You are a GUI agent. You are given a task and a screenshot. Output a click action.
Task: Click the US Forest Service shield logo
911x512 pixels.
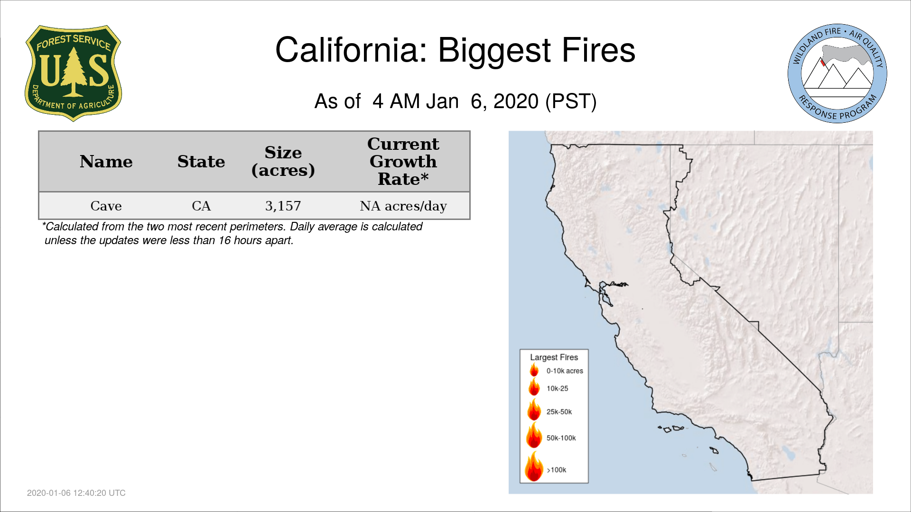click(x=73, y=73)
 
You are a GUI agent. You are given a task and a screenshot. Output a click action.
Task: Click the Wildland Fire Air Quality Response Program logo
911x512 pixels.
click(x=837, y=73)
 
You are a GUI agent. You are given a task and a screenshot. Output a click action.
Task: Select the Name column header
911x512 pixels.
click(x=106, y=162)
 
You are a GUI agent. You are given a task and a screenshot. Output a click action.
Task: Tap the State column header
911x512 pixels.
click(x=201, y=162)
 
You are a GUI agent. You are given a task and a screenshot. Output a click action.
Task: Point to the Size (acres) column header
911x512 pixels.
click(x=283, y=161)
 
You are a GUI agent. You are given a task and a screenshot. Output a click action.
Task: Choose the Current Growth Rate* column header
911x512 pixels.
click(x=403, y=161)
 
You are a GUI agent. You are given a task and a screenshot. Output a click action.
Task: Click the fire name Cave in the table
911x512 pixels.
click(x=106, y=206)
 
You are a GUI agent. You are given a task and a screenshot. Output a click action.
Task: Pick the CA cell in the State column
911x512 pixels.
click(x=201, y=206)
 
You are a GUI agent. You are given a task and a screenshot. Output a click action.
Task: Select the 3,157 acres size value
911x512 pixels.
click(x=283, y=206)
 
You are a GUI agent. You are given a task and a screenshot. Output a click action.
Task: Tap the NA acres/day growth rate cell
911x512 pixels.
click(x=403, y=206)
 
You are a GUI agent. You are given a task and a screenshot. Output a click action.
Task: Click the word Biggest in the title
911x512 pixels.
click(x=494, y=51)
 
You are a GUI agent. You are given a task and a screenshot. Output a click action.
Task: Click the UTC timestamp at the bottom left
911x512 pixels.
click(x=76, y=493)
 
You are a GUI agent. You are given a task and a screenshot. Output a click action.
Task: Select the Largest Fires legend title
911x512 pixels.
click(x=554, y=357)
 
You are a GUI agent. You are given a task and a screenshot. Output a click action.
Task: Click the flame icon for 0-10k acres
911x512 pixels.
click(x=534, y=370)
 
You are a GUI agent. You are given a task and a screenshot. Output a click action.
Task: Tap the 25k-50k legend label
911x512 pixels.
click(x=559, y=412)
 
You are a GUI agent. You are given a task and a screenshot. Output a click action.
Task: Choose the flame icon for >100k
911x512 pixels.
click(x=534, y=466)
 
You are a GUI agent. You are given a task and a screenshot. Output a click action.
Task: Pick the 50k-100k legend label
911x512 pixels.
click(x=561, y=438)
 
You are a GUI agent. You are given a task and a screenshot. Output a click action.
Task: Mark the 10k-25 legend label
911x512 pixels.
click(x=558, y=389)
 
